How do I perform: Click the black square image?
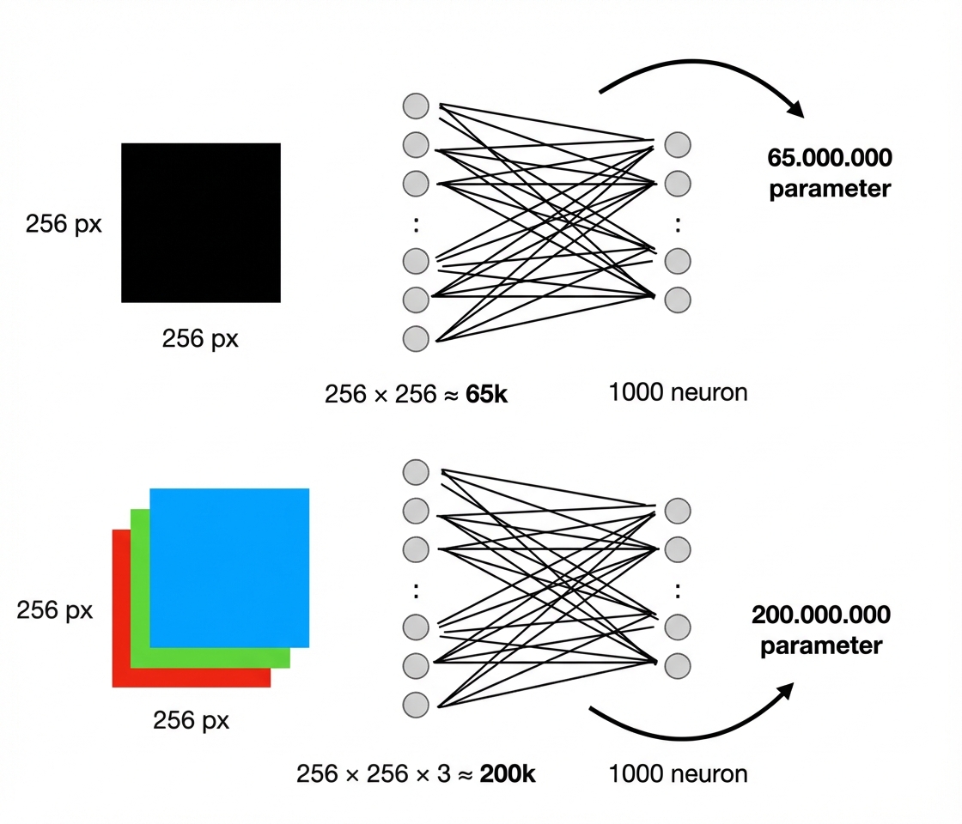pyautogui.click(x=201, y=222)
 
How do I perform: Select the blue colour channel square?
pyautogui.click(x=229, y=567)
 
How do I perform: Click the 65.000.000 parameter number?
pyautogui.click(x=830, y=158)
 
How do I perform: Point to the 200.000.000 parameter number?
pyautogui.click(x=821, y=615)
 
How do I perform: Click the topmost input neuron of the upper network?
pyautogui.click(x=416, y=106)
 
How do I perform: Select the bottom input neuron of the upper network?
pyautogui.click(x=416, y=338)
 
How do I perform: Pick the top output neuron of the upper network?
pyautogui.click(x=678, y=144)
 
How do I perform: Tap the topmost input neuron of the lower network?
pyautogui.click(x=416, y=472)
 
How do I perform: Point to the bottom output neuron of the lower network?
pyautogui.click(x=678, y=665)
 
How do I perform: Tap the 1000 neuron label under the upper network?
pyautogui.click(x=678, y=393)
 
